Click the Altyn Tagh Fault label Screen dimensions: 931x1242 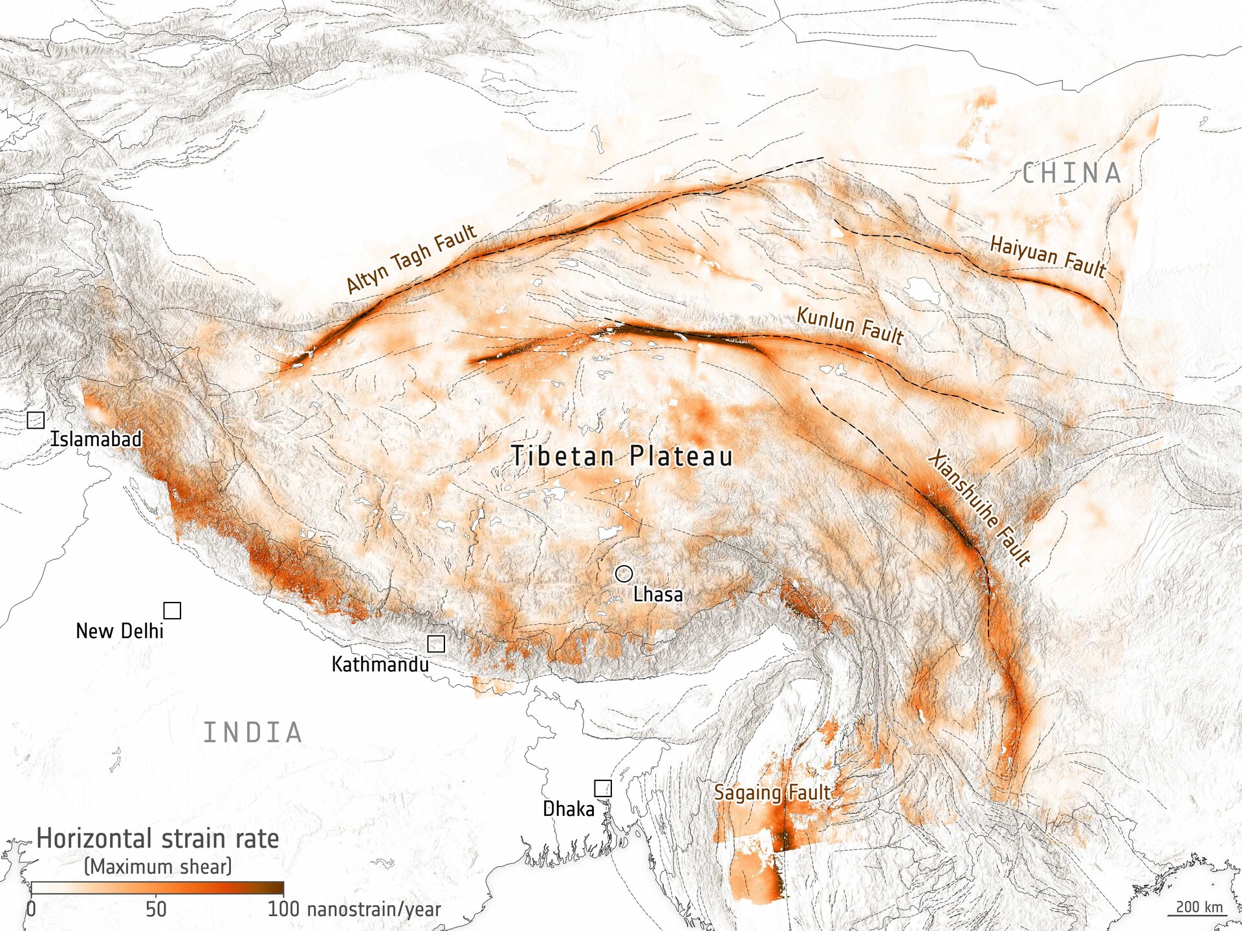point(411,259)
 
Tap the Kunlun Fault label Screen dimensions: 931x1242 point(849,325)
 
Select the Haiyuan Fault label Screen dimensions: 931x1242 point(1048,256)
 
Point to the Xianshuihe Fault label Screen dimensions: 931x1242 point(979,508)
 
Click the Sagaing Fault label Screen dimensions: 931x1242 point(772,793)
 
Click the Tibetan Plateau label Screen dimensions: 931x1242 point(622,456)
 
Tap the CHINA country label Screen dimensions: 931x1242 point(1072,173)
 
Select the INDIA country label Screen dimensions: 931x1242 point(253,733)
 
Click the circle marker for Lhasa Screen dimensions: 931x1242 point(624,573)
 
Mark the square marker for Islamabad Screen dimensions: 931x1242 point(36,420)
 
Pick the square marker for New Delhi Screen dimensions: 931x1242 point(172,610)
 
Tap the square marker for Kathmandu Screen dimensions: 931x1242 point(436,643)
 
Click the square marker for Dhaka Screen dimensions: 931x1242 point(603,788)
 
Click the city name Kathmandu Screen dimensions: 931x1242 point(380,665)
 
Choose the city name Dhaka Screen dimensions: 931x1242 point(568,809)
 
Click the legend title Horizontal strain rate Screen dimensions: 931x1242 point(158,839)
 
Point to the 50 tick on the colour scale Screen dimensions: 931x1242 point(156,909)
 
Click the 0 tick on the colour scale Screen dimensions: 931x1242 point(31,909)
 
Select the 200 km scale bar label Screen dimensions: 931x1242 point(1199,906)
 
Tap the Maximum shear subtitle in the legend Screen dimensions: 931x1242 point(158,866)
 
